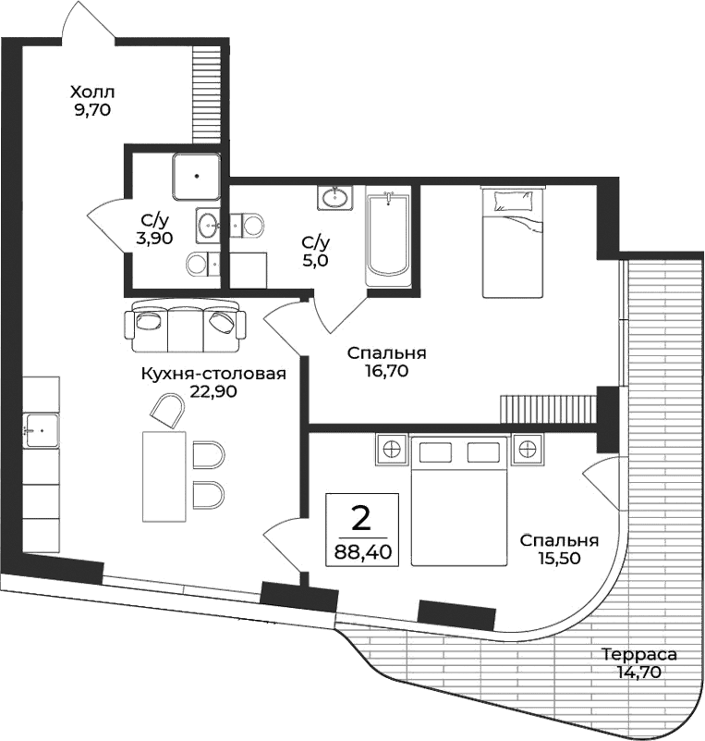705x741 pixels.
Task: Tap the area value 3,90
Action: point(153,238)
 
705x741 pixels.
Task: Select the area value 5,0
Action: point(314,260)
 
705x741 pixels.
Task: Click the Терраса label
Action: point(638,655)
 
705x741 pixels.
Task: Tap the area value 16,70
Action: point(386,371)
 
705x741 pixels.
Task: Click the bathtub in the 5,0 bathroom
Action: point(387,239)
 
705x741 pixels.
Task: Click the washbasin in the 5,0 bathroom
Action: point(334,197)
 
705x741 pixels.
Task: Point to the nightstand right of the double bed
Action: point(527,450)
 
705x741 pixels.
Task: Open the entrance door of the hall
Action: point(88,23)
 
